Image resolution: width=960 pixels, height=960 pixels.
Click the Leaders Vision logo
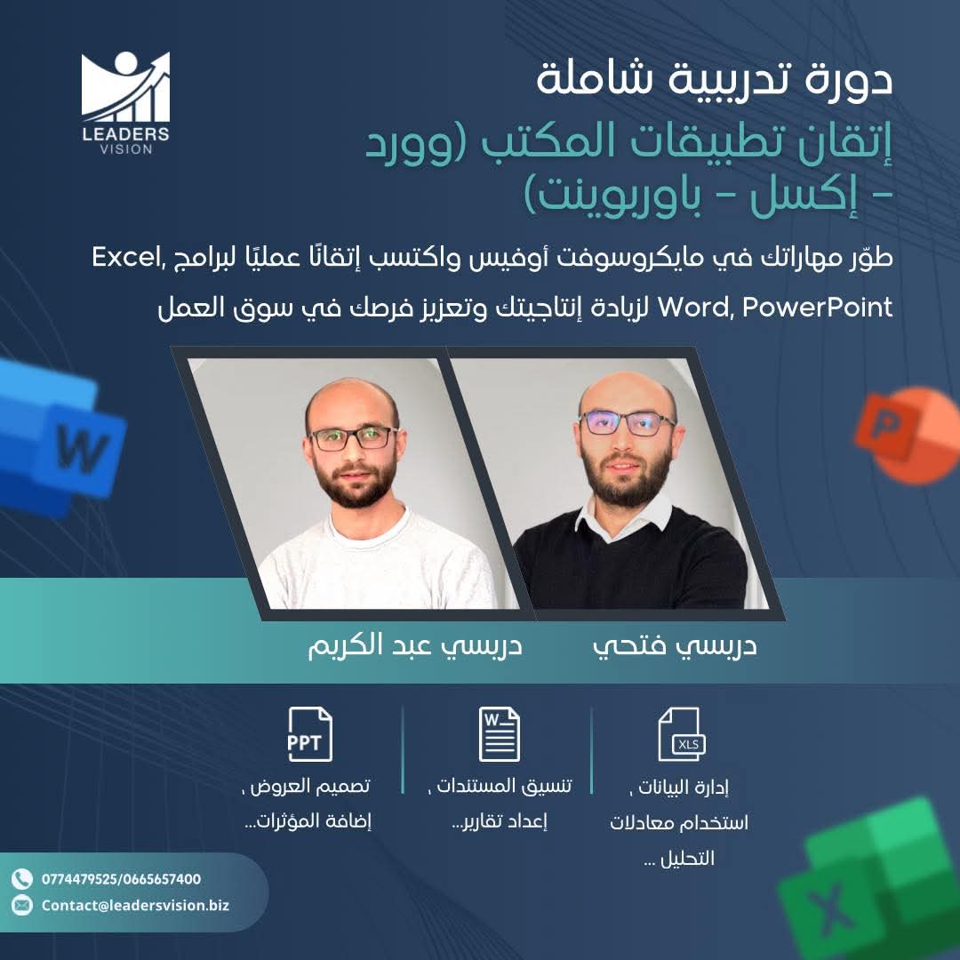point(125,103)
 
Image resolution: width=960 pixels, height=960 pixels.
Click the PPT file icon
point(309,734)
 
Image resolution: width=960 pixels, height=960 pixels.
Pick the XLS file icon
point(681,734)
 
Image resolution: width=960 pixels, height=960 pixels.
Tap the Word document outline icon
point(499,734)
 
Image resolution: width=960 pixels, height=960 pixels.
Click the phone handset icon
point(22,879)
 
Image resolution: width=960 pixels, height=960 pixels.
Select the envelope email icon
point(22,905)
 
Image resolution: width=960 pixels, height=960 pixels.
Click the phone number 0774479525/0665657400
point(121,879)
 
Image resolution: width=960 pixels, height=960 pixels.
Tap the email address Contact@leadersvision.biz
point(135,905)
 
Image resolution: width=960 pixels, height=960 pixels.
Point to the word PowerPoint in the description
point(818,307)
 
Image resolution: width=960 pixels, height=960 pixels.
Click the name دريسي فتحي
point(675,646)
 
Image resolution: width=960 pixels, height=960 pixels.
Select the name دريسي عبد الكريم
point(414,646)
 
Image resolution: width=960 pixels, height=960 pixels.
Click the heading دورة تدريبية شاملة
point(715,79)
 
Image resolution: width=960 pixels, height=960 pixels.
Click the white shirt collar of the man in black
point(625,518)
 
